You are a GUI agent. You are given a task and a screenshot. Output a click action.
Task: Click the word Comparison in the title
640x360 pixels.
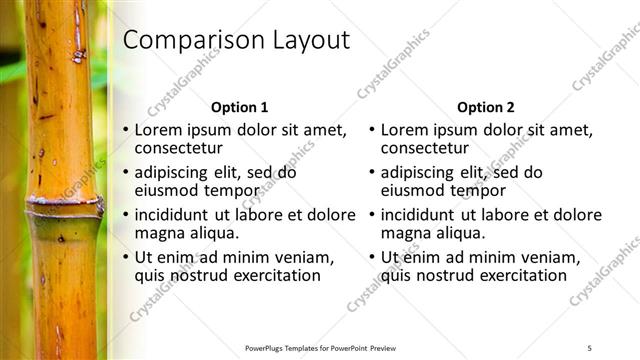point(184,41)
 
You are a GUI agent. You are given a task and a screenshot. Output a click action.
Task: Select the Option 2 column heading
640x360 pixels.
point(485,107)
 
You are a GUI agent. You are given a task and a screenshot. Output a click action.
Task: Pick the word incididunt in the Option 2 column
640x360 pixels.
point(419,215)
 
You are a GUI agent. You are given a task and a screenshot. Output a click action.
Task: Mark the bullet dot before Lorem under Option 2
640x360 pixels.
point(372,130)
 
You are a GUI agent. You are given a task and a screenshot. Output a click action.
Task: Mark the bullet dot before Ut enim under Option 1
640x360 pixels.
point(126,258)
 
